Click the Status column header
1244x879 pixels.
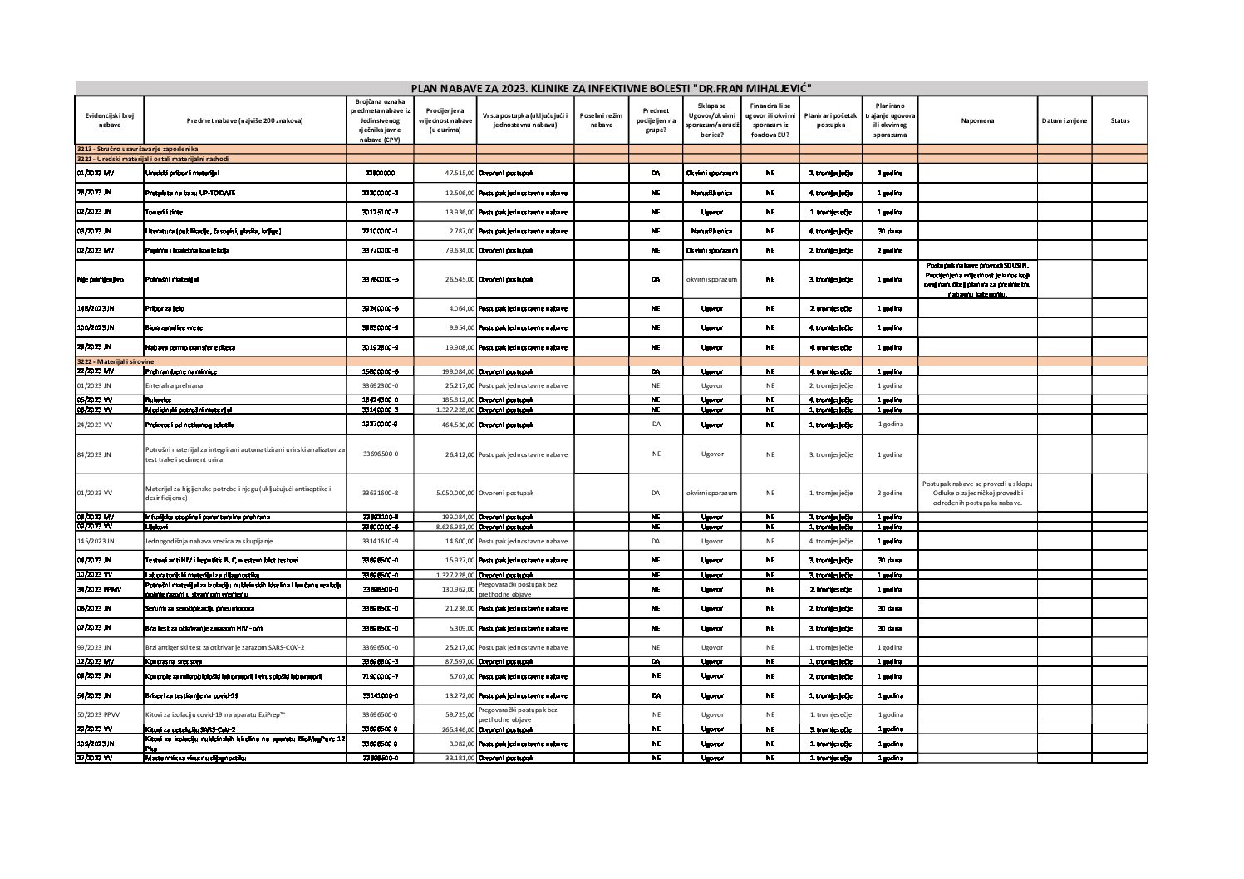point(1119,120)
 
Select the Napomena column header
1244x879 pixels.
point(977,120)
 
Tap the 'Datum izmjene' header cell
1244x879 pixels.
point(1064,120)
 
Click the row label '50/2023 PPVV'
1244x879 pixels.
point(98,714)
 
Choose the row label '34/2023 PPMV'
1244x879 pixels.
point(98,589)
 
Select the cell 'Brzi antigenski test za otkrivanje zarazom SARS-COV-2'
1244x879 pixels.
point(237,647)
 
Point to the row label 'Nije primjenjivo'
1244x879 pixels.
point(100,279)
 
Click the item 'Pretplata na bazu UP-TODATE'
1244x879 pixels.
point(190,193)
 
